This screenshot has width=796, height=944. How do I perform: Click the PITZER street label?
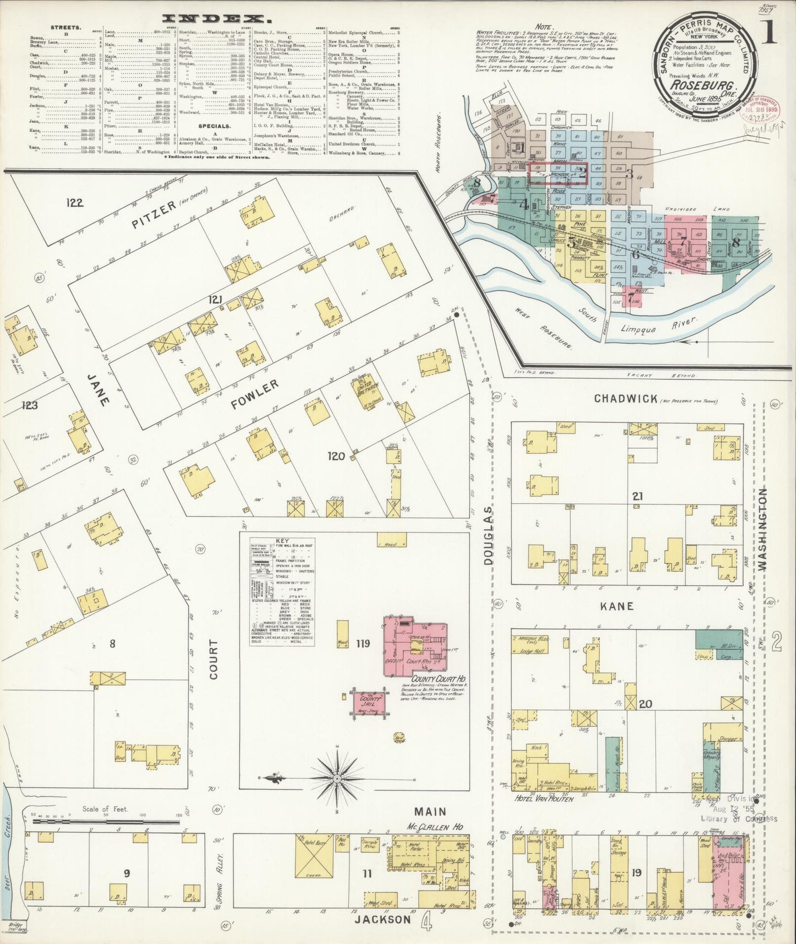tap(153, 215)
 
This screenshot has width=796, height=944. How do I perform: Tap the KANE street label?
tap(617, 606)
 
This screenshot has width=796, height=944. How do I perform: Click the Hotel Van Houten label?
tap(544, 799)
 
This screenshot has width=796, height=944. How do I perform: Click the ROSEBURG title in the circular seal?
tap(703, 86)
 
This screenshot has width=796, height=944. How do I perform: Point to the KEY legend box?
tap(281, 592)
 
